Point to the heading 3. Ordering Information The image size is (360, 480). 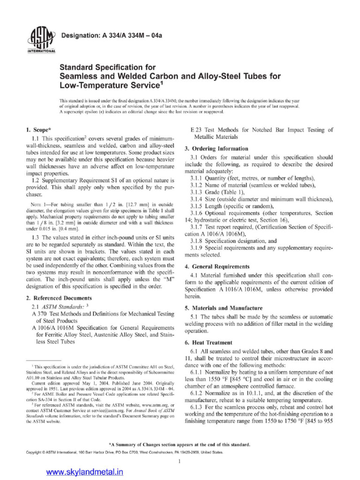217,149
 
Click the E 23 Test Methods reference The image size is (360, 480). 261,130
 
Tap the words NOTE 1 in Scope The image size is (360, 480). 35,204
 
